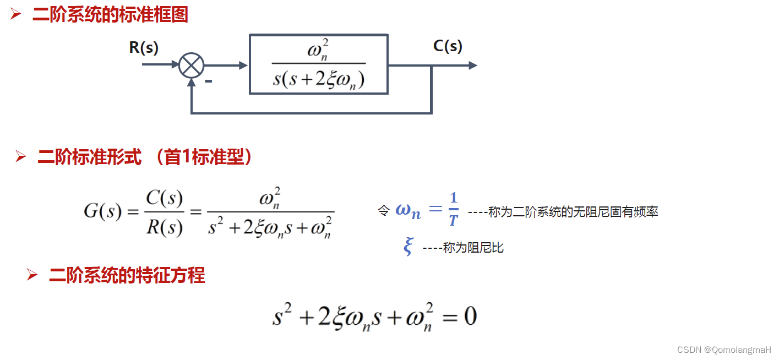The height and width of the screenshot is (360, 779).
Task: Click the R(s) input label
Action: tap(144, 48)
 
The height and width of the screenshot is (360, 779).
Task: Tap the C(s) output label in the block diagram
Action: tap(448, 46)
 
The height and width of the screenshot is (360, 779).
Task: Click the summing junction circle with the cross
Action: tap(191, 66)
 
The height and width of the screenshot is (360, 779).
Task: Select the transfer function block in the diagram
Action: tap(319, 64)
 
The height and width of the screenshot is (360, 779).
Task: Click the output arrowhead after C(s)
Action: tap(472, 65)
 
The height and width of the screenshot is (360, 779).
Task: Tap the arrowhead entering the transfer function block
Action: tap(244, 66)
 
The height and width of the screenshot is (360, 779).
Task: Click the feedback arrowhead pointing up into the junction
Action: tap(191, 82)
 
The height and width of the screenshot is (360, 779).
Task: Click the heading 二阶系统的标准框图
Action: tap(110, 15)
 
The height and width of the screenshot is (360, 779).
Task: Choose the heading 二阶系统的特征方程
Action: tap(127, 275)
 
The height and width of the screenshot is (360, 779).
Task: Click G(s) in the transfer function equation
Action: tap(102, 211)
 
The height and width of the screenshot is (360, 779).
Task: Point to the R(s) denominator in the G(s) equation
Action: tap(165, 226)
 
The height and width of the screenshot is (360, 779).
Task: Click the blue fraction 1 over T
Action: tap(453, 210)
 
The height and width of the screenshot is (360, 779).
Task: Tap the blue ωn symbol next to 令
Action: tap(408, 211)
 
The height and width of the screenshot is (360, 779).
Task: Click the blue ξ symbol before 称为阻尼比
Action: tap(408, 247)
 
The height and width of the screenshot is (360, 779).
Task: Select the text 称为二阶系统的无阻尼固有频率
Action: tap(573, 212)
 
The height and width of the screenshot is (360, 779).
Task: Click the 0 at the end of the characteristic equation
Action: tap(470, 317)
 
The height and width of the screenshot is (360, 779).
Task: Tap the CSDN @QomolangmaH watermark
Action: tap(724, 350)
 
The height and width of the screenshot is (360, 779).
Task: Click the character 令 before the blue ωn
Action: tap(384, 211)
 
